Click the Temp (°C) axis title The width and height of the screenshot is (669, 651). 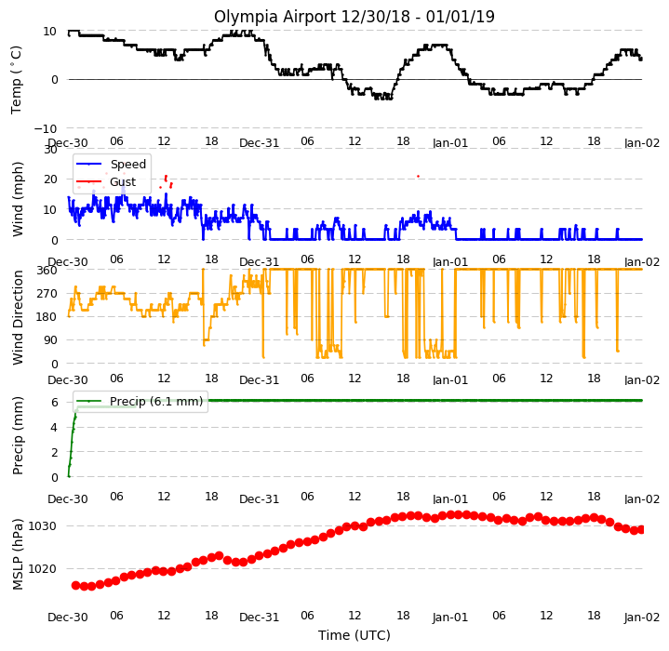click(16, 80)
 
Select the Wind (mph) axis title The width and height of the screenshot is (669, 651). click(18, 200)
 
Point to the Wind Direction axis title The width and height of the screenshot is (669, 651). click(18, 318)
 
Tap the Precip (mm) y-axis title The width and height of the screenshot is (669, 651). click(18, 435)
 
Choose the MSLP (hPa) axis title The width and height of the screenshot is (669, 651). click(18, 554)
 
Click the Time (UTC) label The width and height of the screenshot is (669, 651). click(355, 635)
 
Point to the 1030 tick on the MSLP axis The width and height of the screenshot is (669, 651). click(42, 526)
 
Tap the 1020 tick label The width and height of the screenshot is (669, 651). click(42, 569)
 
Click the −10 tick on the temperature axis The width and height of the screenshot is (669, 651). click(45, 128)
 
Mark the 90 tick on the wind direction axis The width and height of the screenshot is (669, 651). click(51, 340)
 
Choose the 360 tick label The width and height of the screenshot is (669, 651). click(47, 271)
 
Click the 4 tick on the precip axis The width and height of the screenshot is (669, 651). click(54, 427)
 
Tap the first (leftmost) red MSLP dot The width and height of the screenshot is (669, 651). click(76, 585)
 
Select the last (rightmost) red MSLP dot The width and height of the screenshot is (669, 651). click(641, 529)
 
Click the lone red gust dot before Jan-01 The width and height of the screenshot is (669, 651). click(418, 176)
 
